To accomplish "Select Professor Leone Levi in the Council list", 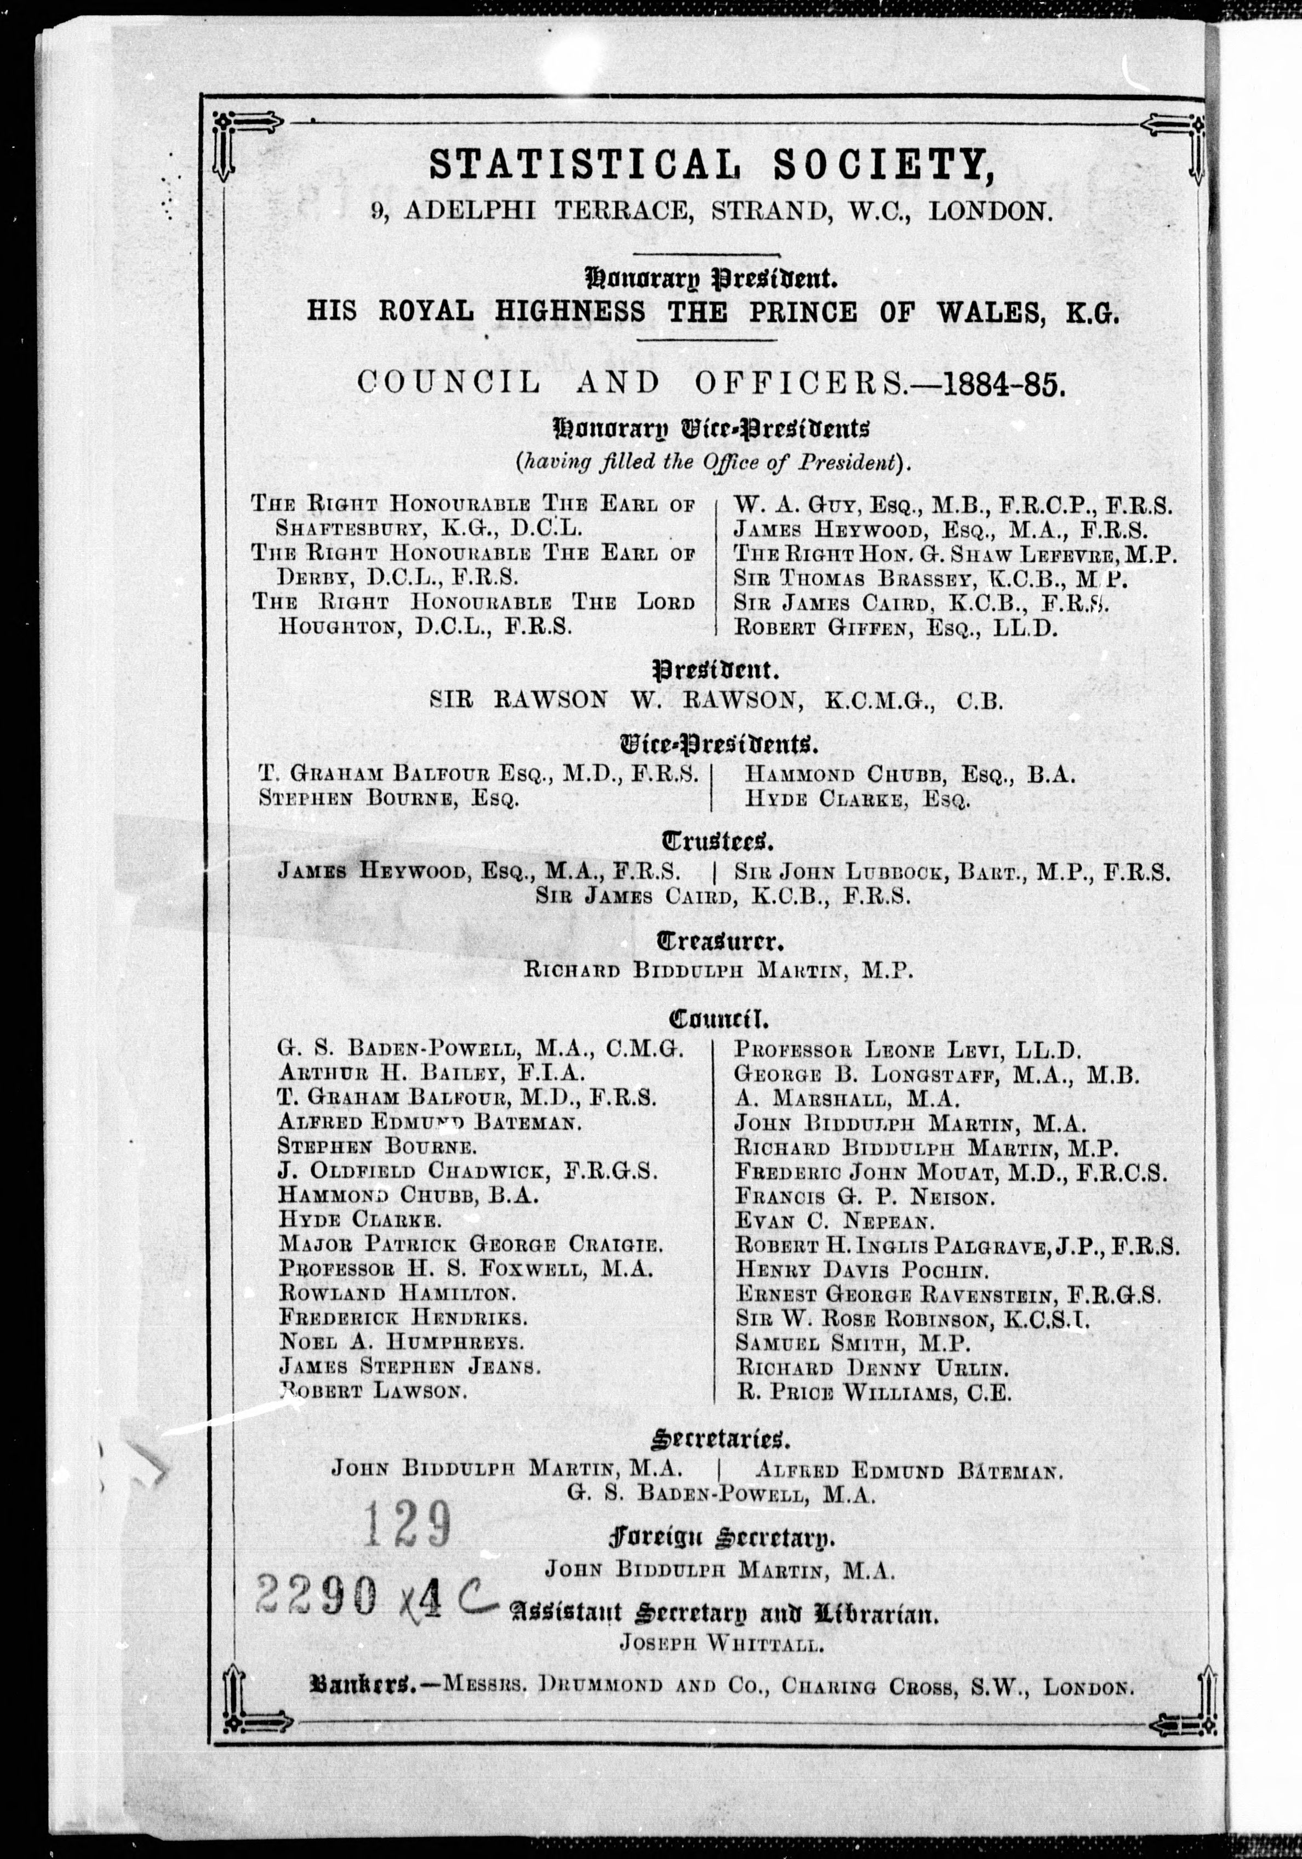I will [x=907, y=1051].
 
